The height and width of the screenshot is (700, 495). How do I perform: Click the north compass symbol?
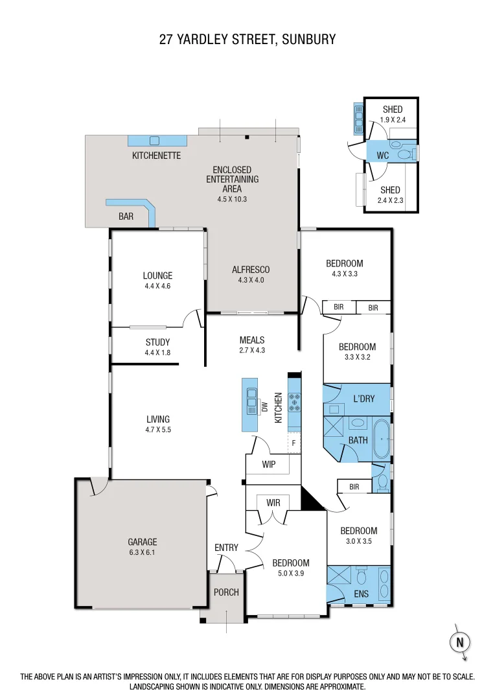click(460, 642)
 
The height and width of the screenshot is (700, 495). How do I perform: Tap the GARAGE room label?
click(142, 542)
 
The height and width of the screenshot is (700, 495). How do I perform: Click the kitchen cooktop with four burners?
click(295, 403)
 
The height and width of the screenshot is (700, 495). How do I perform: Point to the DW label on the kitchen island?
click(264, 407)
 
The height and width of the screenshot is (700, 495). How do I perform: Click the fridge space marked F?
click(294, 443)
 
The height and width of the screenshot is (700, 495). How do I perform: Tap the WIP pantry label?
click(270, 464)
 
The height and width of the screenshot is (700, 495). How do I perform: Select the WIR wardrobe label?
click(273, 502)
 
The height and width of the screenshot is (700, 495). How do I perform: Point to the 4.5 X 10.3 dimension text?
click(232, 199)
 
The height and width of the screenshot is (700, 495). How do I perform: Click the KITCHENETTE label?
click(156, 156)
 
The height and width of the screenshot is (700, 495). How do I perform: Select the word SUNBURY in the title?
click(308, 40)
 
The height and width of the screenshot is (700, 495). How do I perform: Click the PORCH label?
click(226, 592)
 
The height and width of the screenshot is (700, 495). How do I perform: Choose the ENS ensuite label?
click(361, 593)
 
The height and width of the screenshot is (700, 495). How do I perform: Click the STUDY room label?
click(157, 342)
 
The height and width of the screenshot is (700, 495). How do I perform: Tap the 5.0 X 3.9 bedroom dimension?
click(290, 574)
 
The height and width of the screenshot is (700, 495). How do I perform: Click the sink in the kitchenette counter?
click(154, 140)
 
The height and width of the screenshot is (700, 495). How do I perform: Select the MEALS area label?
click(252, 340)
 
